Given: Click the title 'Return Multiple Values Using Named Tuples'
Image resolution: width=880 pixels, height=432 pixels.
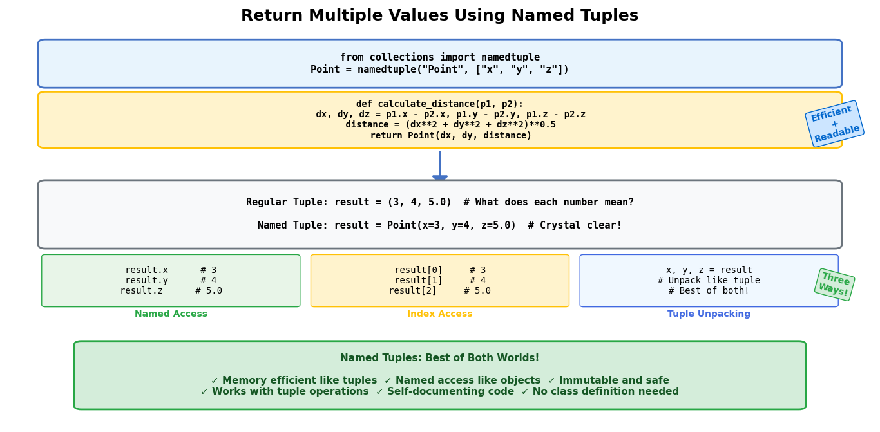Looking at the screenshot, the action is (x=439, y=15).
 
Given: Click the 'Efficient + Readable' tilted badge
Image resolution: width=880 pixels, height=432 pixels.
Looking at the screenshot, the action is (x=834, y=124).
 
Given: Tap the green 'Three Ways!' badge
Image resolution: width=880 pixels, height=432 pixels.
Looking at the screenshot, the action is (x=834, y=285).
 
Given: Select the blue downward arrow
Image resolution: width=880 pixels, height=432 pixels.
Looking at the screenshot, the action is (x=440, y=165).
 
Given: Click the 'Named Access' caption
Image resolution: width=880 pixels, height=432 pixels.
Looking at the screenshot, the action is (x=171, y=314).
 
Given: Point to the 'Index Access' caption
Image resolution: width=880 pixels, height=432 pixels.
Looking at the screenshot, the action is (x=439, y=314).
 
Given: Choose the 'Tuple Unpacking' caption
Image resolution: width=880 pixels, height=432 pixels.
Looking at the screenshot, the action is (x=709, y=314).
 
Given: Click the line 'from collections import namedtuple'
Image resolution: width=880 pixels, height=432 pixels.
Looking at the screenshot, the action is (x=440, y=57).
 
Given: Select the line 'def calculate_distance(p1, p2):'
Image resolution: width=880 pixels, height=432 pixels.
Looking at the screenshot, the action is (x=439, y=104).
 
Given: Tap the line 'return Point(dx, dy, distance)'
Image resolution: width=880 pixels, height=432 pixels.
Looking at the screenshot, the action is (x=450, y=135).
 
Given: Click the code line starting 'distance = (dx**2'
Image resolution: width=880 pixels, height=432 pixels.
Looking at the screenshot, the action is (x=450, y=125).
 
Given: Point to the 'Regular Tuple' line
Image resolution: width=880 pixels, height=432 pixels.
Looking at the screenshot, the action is (x=440, y=202).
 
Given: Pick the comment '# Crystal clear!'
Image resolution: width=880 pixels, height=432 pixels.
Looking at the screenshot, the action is (x=575, y=225).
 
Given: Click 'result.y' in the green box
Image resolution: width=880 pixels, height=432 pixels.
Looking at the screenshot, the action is (x=146, y=281).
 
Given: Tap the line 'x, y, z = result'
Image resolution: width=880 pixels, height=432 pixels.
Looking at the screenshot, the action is (x=709, y=270).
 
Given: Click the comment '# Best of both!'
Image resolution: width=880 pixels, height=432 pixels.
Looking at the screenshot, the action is (x=709, y=290).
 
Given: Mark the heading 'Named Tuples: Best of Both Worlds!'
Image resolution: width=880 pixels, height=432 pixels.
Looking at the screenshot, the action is (x=439, y=358).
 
